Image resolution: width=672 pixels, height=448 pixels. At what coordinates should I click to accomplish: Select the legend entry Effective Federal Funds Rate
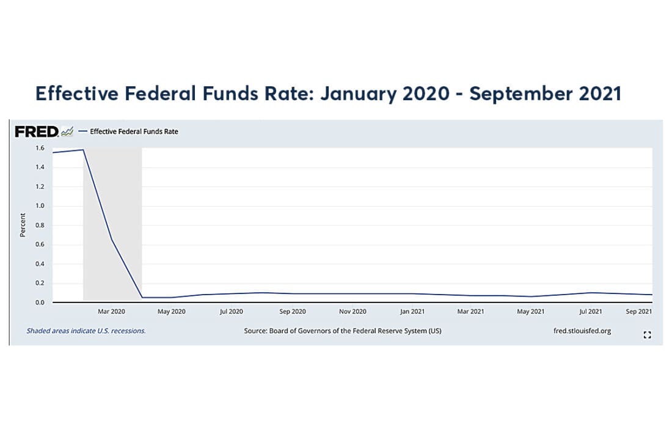(x=134, y=131)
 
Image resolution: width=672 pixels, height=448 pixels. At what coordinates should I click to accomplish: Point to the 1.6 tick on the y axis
(x=40, y=148)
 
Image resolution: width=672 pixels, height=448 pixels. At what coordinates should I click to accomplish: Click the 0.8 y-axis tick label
(x=40, y=225)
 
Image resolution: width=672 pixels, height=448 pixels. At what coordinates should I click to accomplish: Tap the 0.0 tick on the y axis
(x=40, y=303)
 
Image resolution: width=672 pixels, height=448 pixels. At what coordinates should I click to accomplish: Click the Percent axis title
(x=23, y=225)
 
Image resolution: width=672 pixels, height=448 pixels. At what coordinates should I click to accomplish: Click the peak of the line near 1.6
(x=82, y=149)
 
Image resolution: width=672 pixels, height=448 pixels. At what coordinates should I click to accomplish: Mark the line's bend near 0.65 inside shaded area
(x=112, y=240)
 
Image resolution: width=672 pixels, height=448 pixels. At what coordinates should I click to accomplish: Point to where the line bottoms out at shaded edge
(x=142, y=298)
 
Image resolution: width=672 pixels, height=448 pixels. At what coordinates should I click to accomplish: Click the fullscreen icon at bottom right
(x=648, y=334)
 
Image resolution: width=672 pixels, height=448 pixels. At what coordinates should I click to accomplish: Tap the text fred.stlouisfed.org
(x=582, y=331)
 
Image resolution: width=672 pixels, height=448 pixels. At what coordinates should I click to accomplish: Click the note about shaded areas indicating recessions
(x=86, y=331)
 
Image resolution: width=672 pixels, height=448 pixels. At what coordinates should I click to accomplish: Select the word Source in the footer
(x=256, y=331)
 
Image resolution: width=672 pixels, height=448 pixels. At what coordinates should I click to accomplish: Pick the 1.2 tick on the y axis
(x=40, y=186)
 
